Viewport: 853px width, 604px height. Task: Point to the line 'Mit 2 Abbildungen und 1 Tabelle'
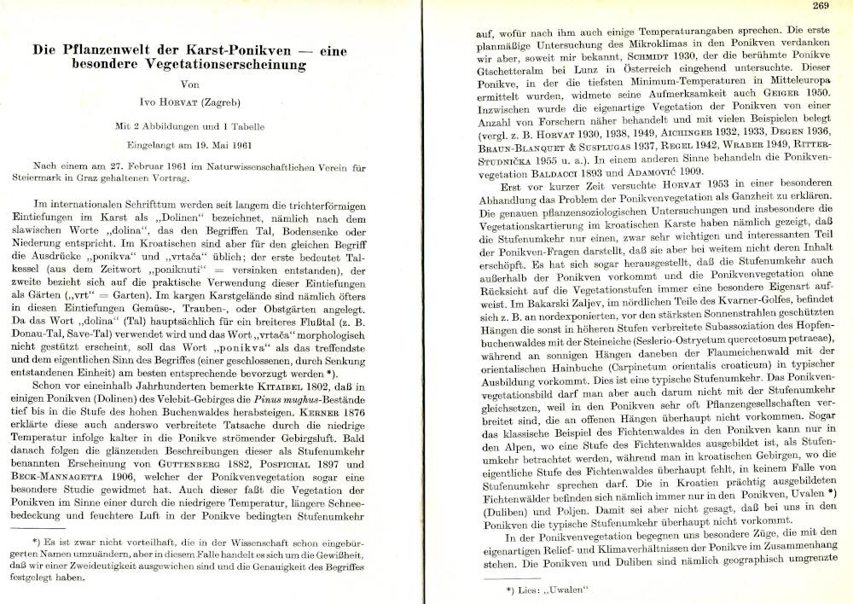point(195,125)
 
